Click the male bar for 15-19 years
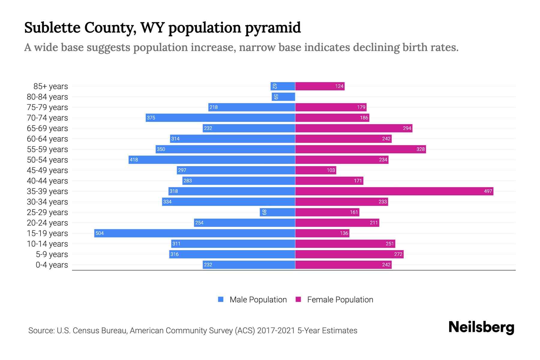pyautogui.click(x=194, y=233)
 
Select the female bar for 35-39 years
pyautogui.click(x=394, y=191)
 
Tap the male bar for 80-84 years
pyautogui.click(x=283, y=97)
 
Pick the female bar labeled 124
pyautogui.click(x=320, y=86)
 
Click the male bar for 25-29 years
pyautogui.click(x=277, y=212)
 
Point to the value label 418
pyautogui.click(x=134, y=160)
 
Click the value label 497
pyautogui.click(x=488, y=191)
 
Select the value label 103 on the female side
pyautogui.click(x=331, y=170)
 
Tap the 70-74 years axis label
pyautogui.click(x=47, y=118)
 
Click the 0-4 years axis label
pyautogui.click(x=52, y=265)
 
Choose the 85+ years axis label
pyautogui.click(x=50, y=86)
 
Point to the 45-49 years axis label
pyautogui.click(x=47, y=170)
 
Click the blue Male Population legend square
pyautogui.click(x=221, y=299)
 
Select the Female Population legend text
pyautogui.click(x=340, y=299)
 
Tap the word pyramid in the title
pyautogui.click(x=272, y=28)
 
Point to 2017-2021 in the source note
pyautogui.click(x=276, y=330)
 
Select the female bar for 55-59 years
pyautogui.click(x=360, y=149)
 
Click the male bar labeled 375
pyautogui.click(x=220, y=118)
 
